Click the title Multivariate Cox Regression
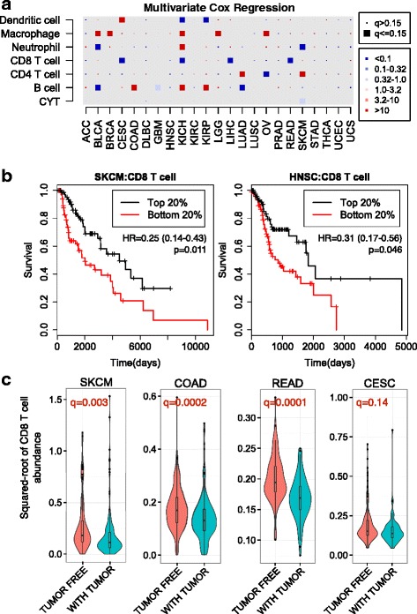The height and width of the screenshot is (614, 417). pos(214,6)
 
